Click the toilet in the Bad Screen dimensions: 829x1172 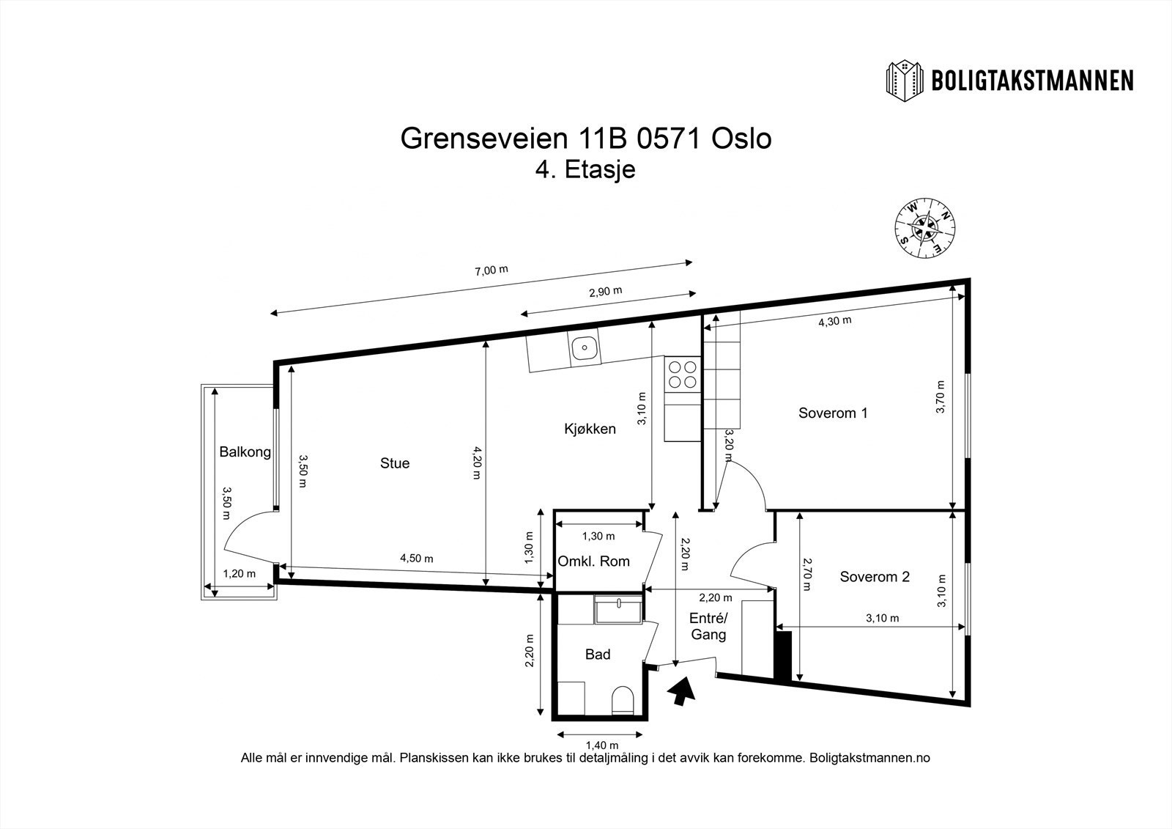click(623, 699)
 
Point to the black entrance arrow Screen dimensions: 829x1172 click(681, 690)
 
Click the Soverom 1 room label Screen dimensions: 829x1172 click(833, 413)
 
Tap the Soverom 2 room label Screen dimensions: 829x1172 click(875, 576)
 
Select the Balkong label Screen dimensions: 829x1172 click(245, 452)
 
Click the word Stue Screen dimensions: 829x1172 click(395, 463)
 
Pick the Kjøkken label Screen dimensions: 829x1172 click(590, 429)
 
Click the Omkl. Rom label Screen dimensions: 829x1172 click(593, 561)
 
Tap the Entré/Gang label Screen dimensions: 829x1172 click(708, 627)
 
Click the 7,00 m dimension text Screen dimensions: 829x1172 click(492, 270)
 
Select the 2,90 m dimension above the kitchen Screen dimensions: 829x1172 click(605, 290)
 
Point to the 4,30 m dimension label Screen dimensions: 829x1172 click(834, 320)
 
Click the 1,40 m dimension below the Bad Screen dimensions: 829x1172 click(600, 745)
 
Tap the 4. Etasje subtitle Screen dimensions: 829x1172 click(585, 170)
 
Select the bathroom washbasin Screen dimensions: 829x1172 click(619, 608)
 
